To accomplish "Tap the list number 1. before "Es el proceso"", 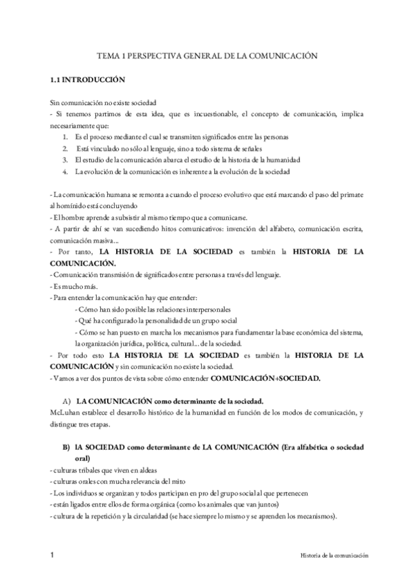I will coord(65,137).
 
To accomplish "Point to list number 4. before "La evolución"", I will coord(65,171).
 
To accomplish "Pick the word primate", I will coord(350,196).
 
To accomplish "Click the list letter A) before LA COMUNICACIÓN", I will coord(66,401).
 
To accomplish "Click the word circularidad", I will coord(156,516).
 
